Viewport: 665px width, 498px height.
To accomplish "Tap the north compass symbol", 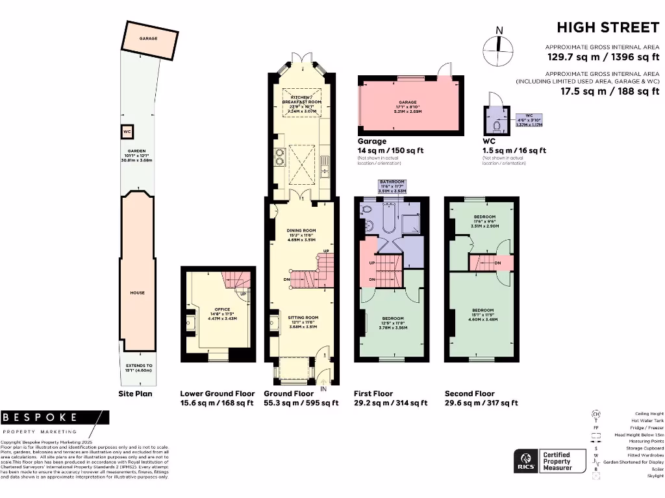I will pyautogui.click(x=499, y=47).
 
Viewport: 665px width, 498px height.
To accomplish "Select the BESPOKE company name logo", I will pyautogui.click(x=40, y=417).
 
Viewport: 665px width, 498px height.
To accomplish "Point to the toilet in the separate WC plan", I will pyautogui.click(x=497, y=125).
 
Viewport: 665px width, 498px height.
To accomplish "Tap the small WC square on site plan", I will pyautogui.click(x=127, y=132).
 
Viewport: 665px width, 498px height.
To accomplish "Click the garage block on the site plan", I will pyautogui.click(x=149, y=40).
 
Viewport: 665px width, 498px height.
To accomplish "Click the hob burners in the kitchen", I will pyautogui.click(x=281, y=158).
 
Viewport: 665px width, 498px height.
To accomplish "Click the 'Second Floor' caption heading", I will pyautogui.click(x=470, y=394).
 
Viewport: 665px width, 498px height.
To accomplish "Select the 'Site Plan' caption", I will pyautogui.click(x=136, y=394).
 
